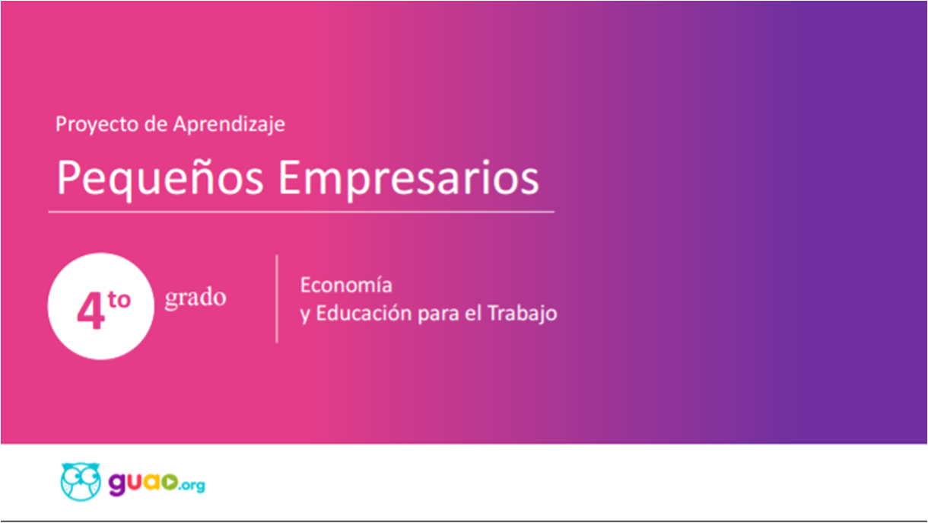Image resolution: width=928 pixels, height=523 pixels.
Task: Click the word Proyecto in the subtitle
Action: pyautogui.click(x=97, y=124)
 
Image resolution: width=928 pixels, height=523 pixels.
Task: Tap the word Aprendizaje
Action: pyautogui.click(x=229, y=124)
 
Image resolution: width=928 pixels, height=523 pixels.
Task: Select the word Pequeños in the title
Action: pyautogui.click(x=160, y=178)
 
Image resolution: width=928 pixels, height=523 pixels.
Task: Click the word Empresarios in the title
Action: pyautogui.click(x=408, y=178)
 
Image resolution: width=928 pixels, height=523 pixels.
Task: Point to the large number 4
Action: pyautogui.click(x=91, y=311)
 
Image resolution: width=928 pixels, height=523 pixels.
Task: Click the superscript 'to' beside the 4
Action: pyautogui.click(x=119, y=299)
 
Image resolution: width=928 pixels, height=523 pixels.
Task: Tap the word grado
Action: pyautogui.click(x=195, y=298)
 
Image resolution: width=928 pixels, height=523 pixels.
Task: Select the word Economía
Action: pyautogui.click(x=346, y=285)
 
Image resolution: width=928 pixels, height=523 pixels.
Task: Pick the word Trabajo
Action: pyautogui.click(x=522, y=314)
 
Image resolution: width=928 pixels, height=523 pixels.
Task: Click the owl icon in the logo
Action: pyautogui.click(x=81, y=481)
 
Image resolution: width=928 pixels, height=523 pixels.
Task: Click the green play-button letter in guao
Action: pyautogui.click(x=169, y=482)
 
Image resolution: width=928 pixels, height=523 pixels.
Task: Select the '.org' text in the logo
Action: pyautogui.click(x=192, y=485)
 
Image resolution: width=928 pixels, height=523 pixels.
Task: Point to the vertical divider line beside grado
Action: pyautogui.click(x=277, y=299)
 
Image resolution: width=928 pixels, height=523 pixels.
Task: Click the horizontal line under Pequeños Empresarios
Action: pyautogui.click(x=301, y=212)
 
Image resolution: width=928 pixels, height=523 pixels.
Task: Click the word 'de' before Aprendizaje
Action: pyautogui.click(x=156, y=124)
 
